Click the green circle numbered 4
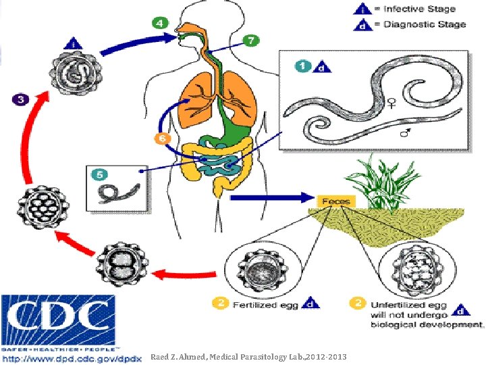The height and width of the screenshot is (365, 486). point(160,22)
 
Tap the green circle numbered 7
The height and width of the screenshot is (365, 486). point(250,41)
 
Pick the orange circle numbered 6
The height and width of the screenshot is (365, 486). point(160,139)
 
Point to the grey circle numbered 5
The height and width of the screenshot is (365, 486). point(99,174)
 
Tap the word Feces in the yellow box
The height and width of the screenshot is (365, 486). point(335,201)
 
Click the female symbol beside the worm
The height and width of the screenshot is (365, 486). point(391,103)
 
